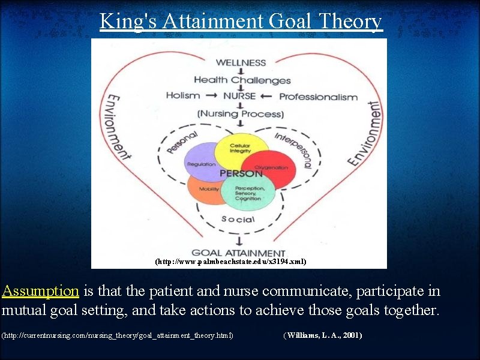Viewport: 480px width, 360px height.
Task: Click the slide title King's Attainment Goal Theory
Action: click(241, 21)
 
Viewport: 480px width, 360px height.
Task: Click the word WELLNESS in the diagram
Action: click(241, 62)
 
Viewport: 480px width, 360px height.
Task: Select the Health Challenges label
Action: click(242, 80)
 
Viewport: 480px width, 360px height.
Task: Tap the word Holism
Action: click(183, 95)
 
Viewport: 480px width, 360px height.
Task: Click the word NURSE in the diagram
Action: click(239, 96)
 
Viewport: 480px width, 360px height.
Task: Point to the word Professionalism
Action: click(318, 97)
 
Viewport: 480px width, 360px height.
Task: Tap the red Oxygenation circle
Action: click(273, 164)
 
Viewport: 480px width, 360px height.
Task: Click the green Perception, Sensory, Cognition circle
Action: click(248, 194)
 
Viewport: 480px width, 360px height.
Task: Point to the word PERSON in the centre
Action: click(241, 173)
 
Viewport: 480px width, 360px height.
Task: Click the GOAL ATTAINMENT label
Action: click(238, 253)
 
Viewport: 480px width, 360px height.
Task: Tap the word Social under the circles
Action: click(238, 219)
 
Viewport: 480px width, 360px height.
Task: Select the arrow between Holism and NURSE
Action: click(211, 96)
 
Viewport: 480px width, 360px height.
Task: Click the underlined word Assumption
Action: click(40, 292)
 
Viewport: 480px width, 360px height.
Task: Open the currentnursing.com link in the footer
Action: click(118, 335)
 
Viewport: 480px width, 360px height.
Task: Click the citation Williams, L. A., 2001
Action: click(322, 335)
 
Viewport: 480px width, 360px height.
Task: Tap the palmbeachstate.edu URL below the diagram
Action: click(230, 262)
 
